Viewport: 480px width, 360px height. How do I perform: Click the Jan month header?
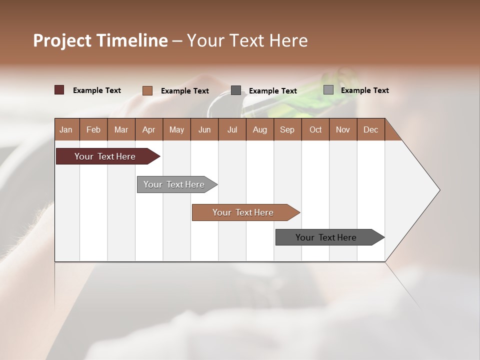pyautogui.click(x=66, y=129)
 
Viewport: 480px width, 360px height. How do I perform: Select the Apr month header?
pyautogui.click(x=148, y=129)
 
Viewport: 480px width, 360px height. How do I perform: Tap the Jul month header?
pyautogui.click(x=232, y=129)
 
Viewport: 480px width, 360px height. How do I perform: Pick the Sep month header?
pyautogui.click(x=287, y=129)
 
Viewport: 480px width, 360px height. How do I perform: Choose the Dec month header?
pyautogui.click(x=370, y=129)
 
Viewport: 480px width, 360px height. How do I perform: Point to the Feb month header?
pyautogui.click(x=93, y=129)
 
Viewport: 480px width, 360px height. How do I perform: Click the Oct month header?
pyautogui.click(x=315, y=129)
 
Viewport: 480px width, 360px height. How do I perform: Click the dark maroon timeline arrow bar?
pyautogui.click(x=105, y=156)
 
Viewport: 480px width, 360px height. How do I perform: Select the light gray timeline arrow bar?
pyautogui.click(x=174, y=184)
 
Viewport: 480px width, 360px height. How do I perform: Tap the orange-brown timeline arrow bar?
pyautogui.click(x=243, y=212)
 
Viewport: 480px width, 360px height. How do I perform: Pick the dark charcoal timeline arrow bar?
pyautogui.click(x=326, y=237)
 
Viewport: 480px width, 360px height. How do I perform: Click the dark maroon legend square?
pyautogui.click(x=59, y=90)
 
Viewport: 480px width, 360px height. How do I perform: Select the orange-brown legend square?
pyautogui.click(x=147, y=90)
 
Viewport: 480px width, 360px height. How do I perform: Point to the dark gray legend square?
pyautogui.click(x=236, y=90)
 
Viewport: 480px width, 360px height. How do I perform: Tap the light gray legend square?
pyautogui.click(x=328, y=90)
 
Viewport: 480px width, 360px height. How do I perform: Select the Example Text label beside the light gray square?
pyautogui.click(x=364, y=90)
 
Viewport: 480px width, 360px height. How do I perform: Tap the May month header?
pyautogui.click(x=176, y=129)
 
